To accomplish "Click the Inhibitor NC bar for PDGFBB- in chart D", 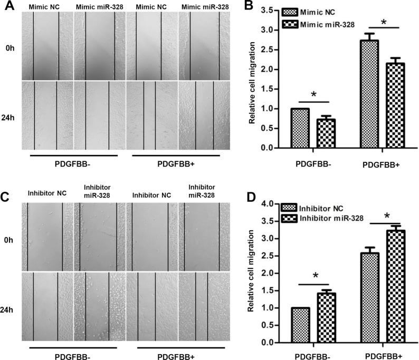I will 300,325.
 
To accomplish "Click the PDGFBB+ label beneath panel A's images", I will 177,163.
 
